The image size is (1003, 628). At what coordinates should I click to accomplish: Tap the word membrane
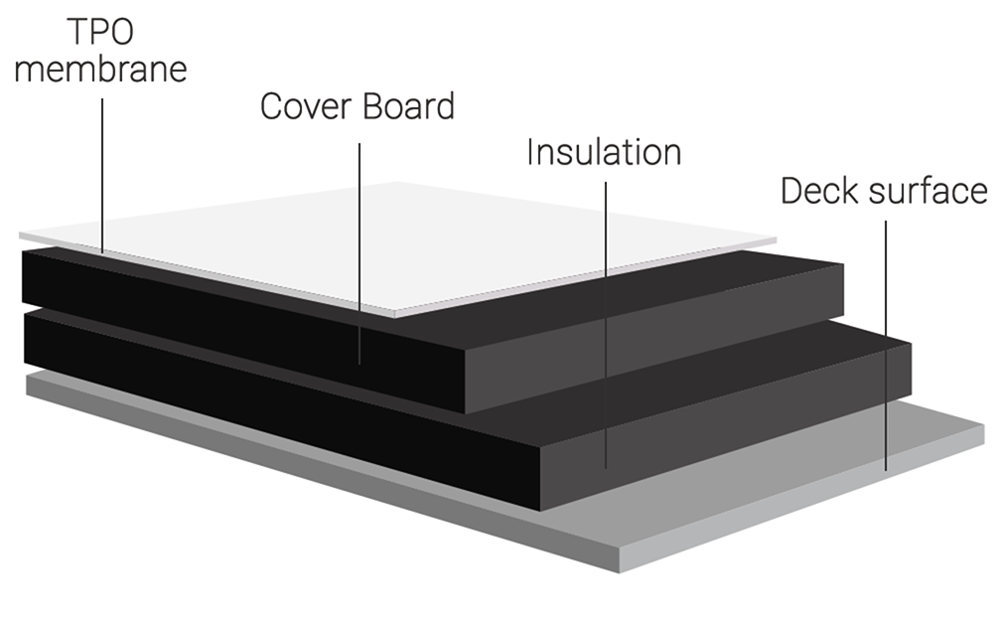click(x=101, y=71)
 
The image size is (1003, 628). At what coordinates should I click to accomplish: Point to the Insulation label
click(x=604, y=152)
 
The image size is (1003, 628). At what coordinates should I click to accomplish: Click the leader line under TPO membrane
click(x=103, y=169)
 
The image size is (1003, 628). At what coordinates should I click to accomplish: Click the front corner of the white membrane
click(x=395, y=316)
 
